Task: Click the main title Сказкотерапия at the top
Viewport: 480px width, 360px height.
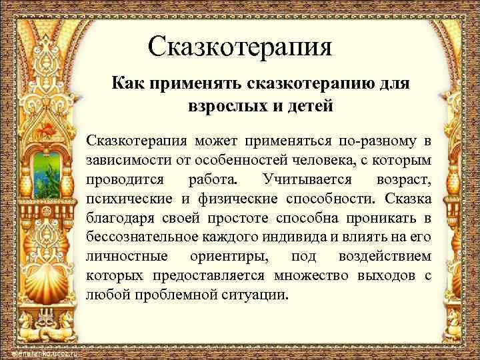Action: pyautogui.click(x=240, y=47)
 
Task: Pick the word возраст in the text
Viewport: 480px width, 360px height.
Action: pyautogui.click(x=403, y=179)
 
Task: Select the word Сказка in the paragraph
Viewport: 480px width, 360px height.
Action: pyautogui.click(x=408, y=199)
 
